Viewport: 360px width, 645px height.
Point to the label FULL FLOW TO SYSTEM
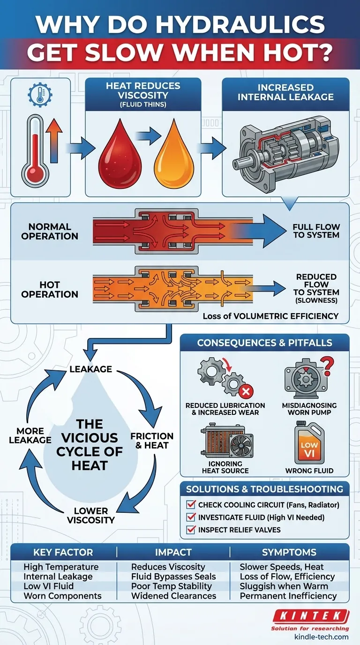pos(316,231)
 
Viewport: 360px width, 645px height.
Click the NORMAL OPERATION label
pos(50,231)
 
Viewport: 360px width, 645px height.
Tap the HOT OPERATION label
pos(50,289)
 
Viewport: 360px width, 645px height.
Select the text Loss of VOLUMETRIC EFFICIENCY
pos(270,316)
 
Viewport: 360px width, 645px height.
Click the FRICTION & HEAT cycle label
pos(152,441)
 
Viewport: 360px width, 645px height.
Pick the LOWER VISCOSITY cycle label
pos(91,515)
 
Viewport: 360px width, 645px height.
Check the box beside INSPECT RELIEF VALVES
pos(191,530)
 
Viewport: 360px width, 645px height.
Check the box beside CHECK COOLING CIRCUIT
pos(191,505)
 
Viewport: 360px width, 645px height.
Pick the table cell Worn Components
pos(62,596)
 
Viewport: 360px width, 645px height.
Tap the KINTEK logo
pos(310,616)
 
